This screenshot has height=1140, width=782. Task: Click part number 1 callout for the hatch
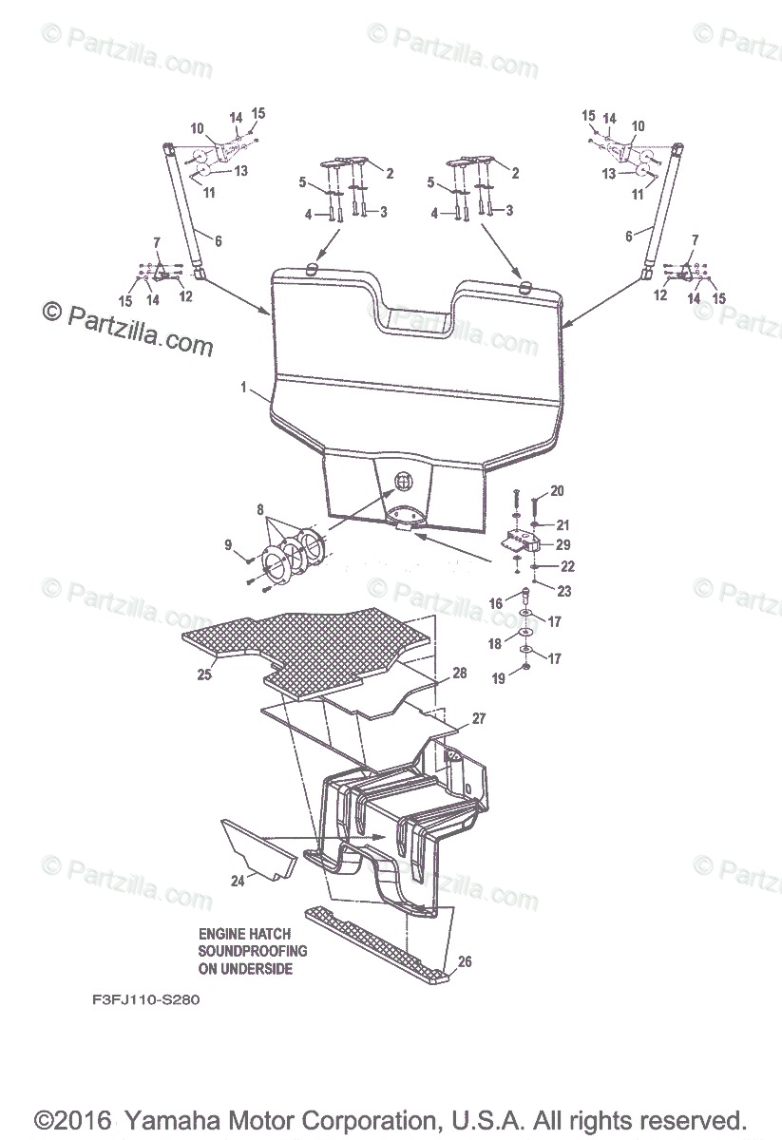click(x=243, y=389)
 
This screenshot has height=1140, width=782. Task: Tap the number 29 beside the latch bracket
click(x=563, y=544)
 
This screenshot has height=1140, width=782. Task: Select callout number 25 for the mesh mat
click(x=203, y=674)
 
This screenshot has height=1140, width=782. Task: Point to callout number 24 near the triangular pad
click(x=237, y=881)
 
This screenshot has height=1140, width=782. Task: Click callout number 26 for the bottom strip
click(x=464, y=961)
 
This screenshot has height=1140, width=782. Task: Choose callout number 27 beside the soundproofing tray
click(x=479, y=719)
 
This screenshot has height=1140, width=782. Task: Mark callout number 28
click(x=460, y=673)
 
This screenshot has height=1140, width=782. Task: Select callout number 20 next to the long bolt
click(x=557, y=491)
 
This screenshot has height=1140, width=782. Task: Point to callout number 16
click(x=496, y=603)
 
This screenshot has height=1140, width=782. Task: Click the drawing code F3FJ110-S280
click(x=145, y=999)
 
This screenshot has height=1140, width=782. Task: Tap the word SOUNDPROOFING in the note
click(x=253, y=951)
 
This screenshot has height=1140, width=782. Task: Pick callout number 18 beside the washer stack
click(x=494, y=643)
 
